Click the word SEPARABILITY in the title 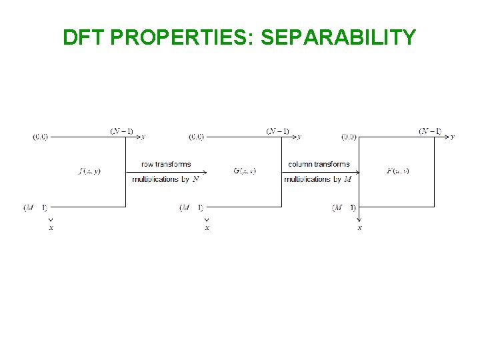339,37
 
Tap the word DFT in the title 85,37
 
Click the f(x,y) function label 89,171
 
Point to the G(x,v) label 245,171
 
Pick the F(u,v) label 398,171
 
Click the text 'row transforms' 166,164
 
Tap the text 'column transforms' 319,164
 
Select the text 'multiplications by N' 166,179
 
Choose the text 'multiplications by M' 318,179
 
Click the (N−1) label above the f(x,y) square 121,131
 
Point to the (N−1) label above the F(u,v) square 430,131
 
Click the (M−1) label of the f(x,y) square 35,208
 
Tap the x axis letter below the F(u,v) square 360,228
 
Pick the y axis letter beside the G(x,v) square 299,137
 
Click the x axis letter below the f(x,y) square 51,228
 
